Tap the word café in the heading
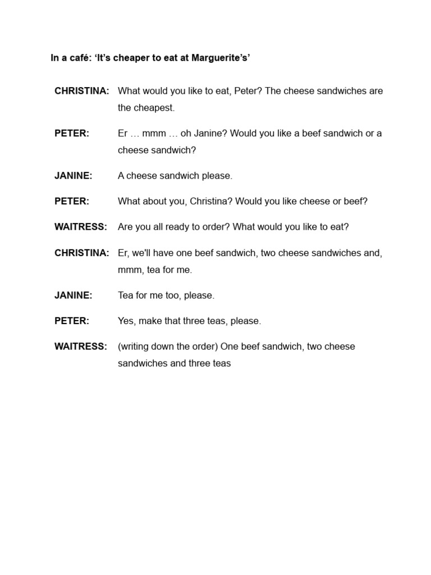tap(77, 57)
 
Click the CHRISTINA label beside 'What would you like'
tap(82, 91)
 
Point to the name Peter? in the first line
tap(247, 91)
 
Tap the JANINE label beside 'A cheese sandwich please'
tap(74, 176)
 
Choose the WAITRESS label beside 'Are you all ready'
tap(81, 227)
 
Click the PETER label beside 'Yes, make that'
tap(72, 321)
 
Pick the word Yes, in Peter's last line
tap(127, 321)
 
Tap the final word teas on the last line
tap(221, 363)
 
